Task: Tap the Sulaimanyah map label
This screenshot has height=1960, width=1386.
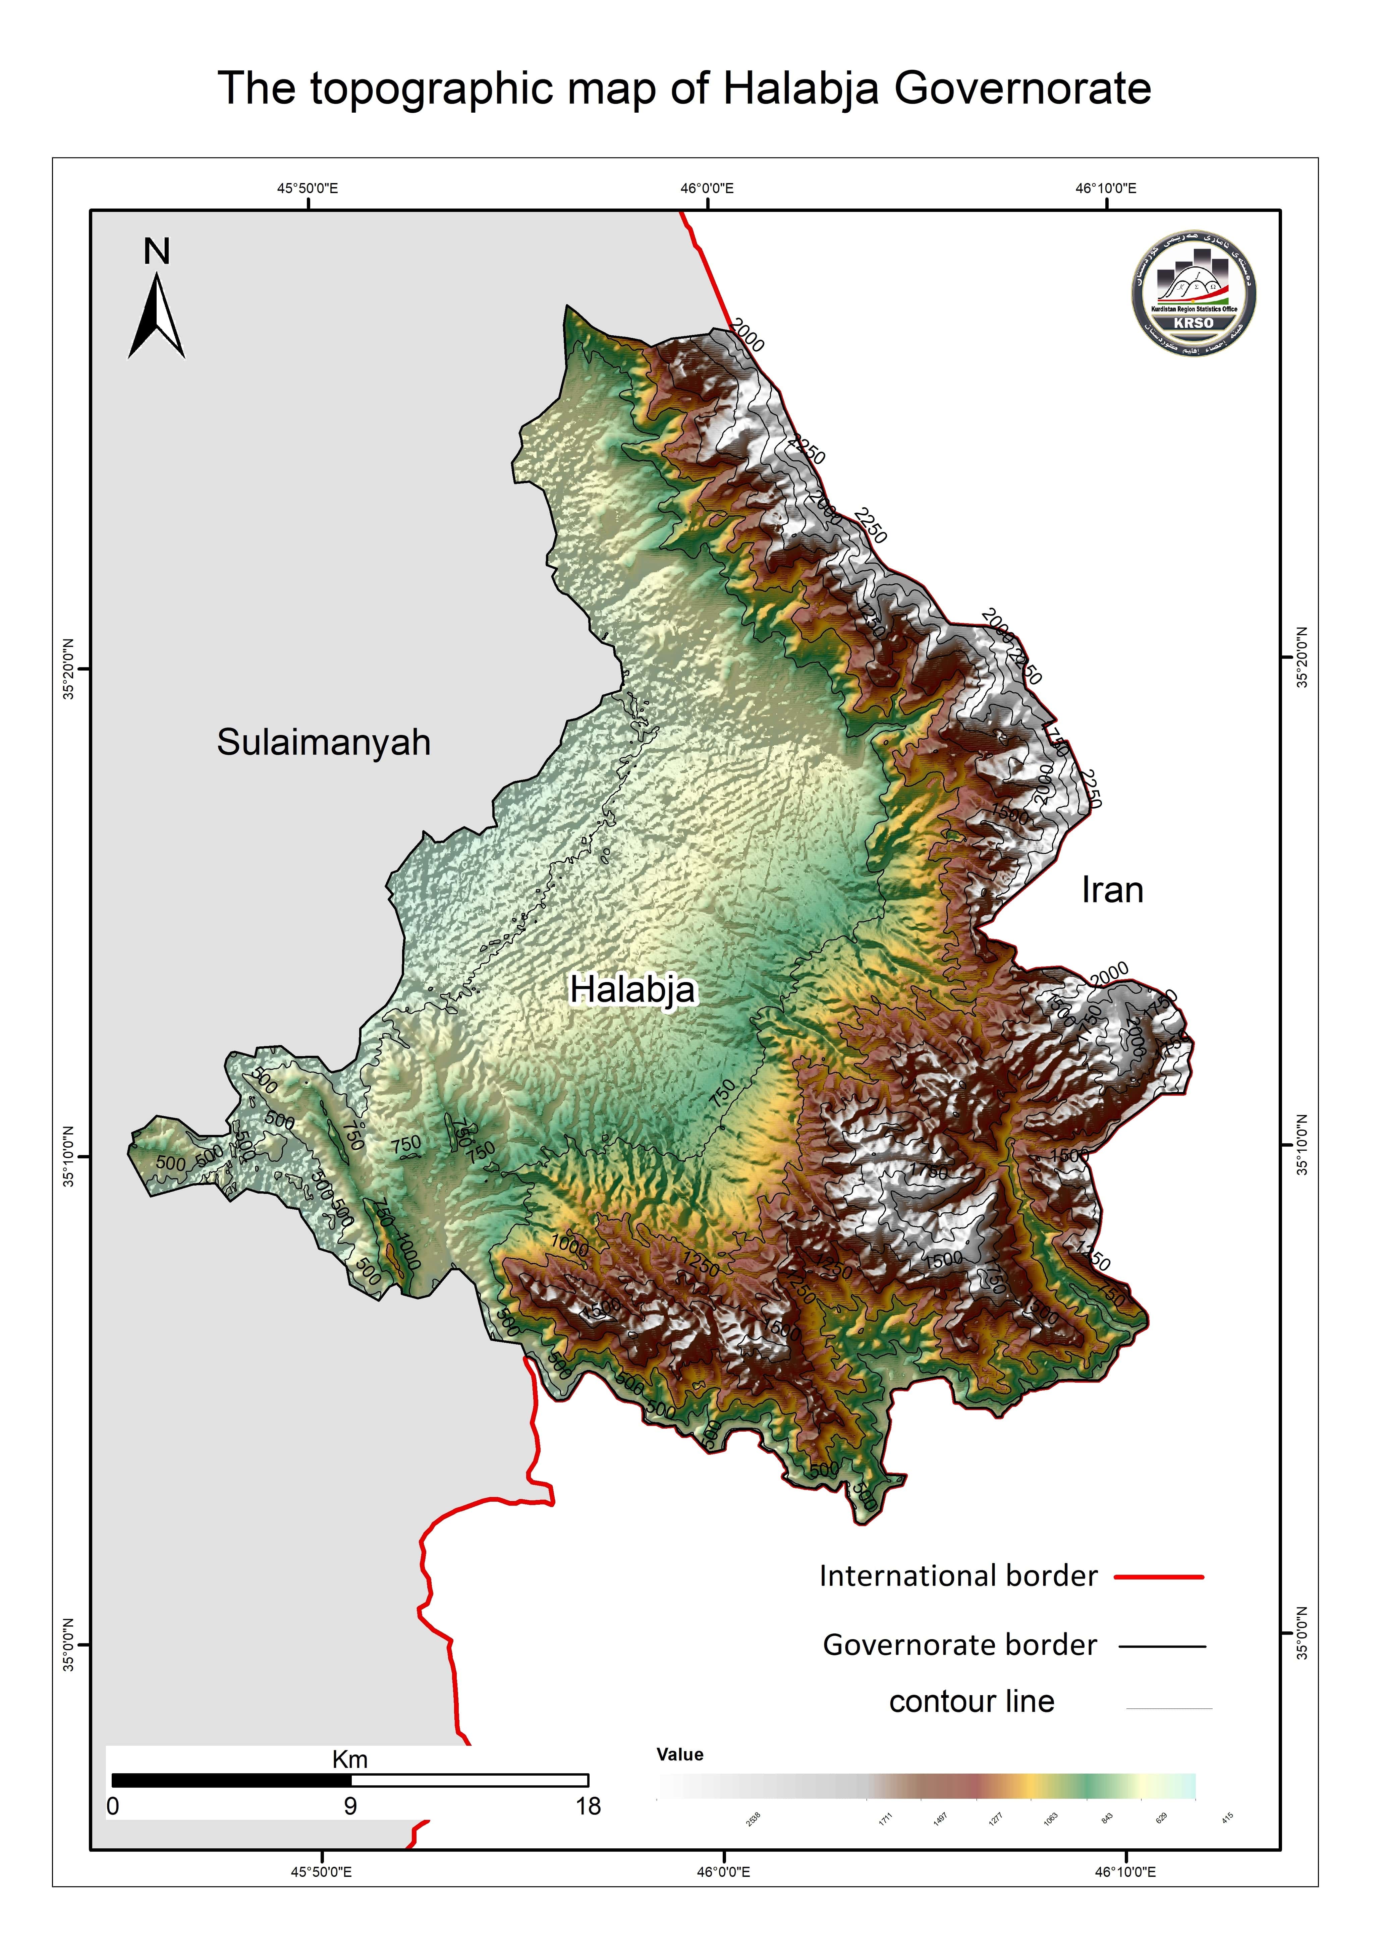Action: coord(324,743)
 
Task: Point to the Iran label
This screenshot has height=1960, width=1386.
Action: coord(1112,890)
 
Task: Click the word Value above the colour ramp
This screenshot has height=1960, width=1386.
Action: coord(680,1754)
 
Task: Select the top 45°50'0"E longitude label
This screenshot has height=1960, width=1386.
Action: coord(308,188)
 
